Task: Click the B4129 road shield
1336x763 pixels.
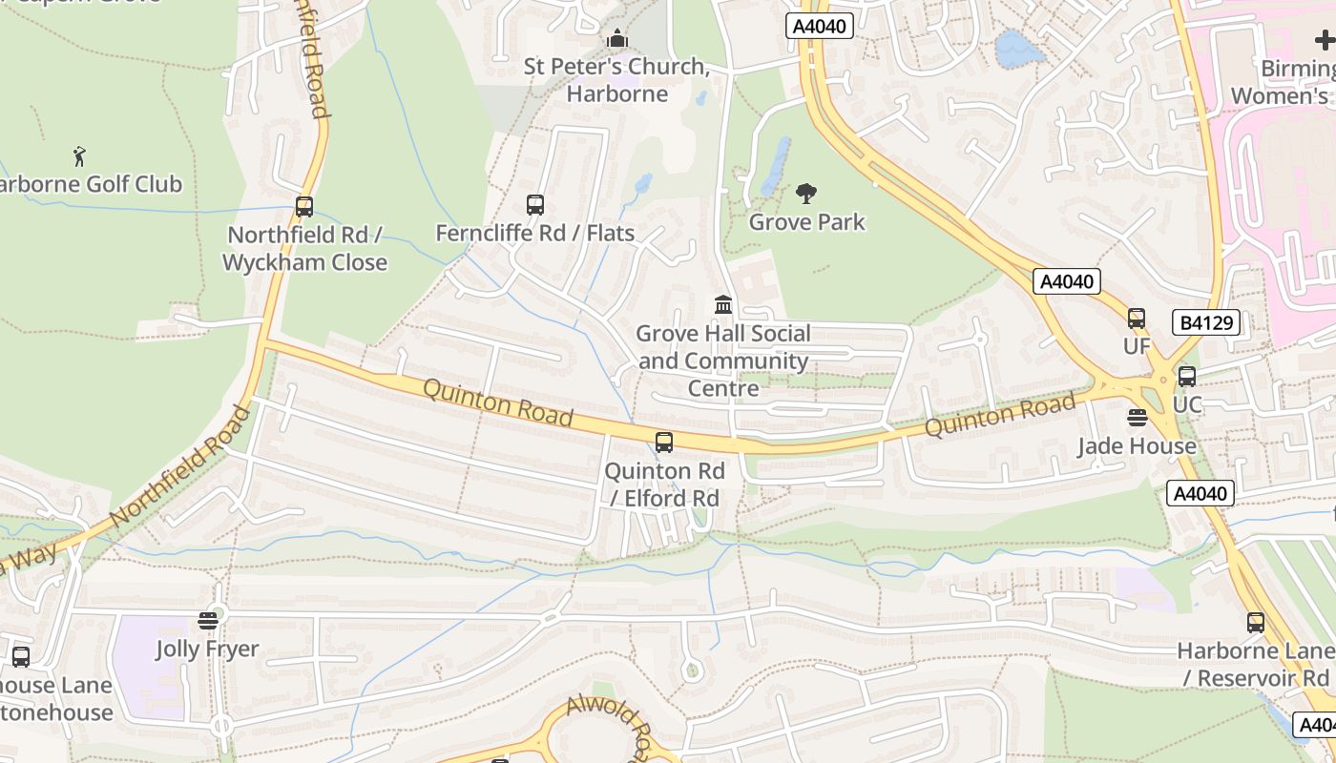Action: click(x=1206, y=322)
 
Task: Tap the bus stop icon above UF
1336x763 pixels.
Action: click(x=1136, y=319)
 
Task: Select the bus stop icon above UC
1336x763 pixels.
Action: click(x=1186, y=377)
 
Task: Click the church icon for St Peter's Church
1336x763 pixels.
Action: click(x=617, y=40)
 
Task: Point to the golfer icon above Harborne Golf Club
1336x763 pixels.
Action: click(x=79, y=155)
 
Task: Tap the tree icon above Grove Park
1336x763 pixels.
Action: click(x=806, y=194)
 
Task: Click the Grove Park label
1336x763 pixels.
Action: click(x=806, y=222)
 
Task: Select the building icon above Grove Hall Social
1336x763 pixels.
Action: click(x=723, y=305)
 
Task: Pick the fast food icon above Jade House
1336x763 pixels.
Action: click(x=1137, y=418)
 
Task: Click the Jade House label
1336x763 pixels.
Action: click(x=1137, y=446)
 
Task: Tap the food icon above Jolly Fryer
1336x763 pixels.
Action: click(x=208, y=621)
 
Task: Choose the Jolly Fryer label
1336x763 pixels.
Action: click(x=207, y=650)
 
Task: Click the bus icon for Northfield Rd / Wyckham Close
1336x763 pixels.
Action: click(x=304, y=206)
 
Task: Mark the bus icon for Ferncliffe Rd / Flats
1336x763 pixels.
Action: click(x=535, y=204)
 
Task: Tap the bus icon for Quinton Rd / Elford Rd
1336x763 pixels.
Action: click(x=664, y=443)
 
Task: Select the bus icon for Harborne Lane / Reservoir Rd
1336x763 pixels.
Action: click(x=1256, y=623)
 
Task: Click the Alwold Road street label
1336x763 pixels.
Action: click(x=612, y=725)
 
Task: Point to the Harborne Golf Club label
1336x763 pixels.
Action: click(x=91, y=184)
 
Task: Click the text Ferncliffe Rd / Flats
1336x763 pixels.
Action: click(x=534, y=234)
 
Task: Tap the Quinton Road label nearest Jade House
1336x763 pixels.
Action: click(x=1000, y=417)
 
